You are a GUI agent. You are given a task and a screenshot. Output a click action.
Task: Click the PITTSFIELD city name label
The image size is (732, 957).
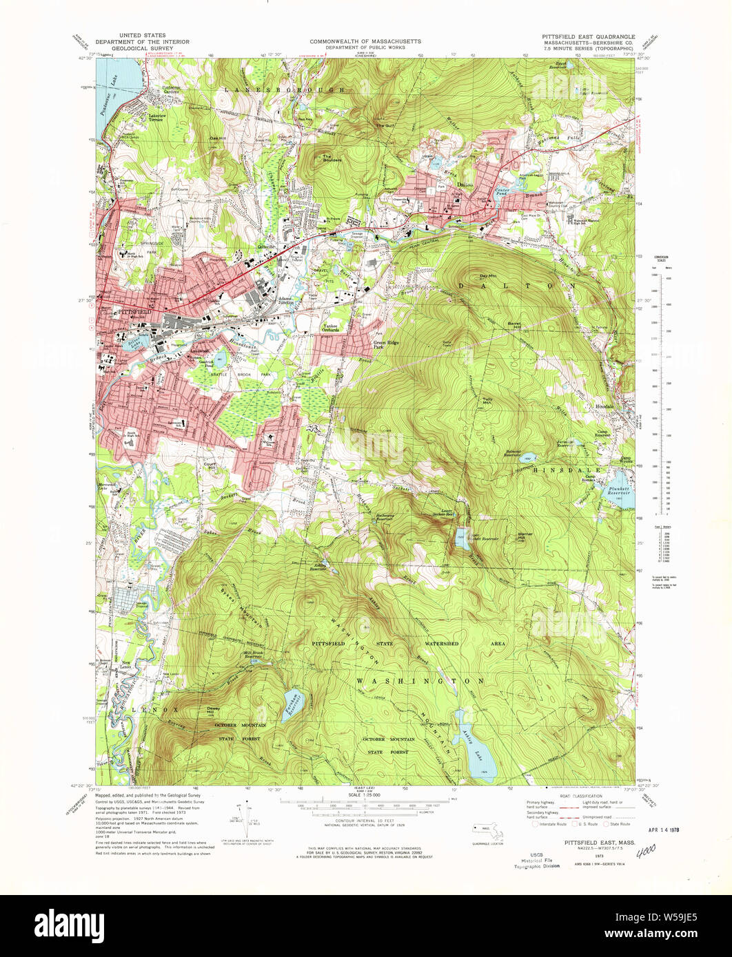134,312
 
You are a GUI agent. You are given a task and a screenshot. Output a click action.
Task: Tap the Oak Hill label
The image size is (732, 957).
218,138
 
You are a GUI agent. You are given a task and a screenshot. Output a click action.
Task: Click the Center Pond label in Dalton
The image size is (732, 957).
501,191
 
